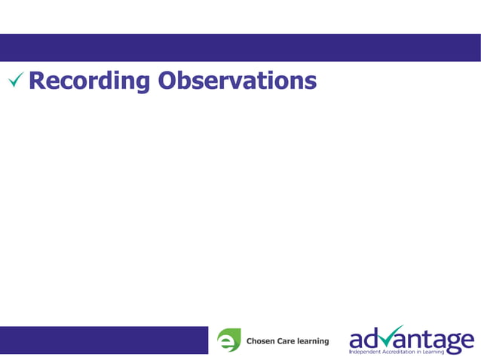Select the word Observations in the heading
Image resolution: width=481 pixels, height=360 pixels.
click(x=237, y=80)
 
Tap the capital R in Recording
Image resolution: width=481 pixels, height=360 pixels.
click(x=38, y=80)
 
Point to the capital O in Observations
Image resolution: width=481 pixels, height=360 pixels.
click(x=168, y=80)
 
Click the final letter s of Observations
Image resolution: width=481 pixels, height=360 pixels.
click(x=310, y=82)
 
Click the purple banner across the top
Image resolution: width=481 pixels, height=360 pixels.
click(x=240, y=47)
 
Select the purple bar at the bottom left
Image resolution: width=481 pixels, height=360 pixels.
click(x=103, y=340)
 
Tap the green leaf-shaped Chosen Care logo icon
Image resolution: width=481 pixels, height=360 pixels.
click(x=228, y=340)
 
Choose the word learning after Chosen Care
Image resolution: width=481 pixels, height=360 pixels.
click(x=314, y=342)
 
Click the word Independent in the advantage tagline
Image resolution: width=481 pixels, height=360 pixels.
click(x=366, y=351)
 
